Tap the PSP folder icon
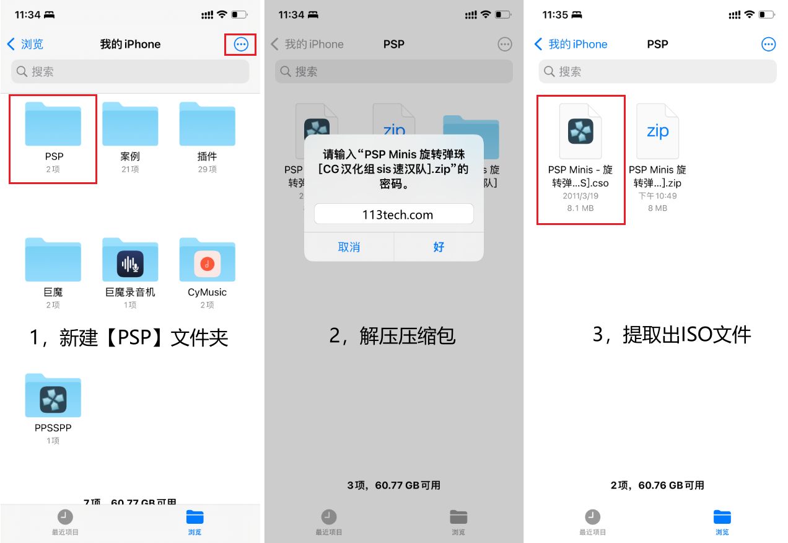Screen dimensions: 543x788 tap(53, 124)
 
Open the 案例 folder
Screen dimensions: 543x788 tap(130, 124)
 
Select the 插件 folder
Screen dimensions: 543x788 tap(207, 124)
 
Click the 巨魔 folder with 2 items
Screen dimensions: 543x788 tap(53, 260)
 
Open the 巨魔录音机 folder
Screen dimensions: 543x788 tap(130, 260)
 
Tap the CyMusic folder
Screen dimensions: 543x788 tap(207, 260)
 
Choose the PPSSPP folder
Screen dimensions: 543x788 tap(53, 397)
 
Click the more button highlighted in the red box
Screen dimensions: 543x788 tap(241, 44)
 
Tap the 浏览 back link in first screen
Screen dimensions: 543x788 tap(25, 44)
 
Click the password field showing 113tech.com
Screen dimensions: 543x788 tap(393, 214)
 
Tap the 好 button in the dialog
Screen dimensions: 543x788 tap(439, 247)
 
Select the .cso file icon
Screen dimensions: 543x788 tap(580, 131)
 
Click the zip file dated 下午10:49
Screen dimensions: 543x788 tap(657, 131)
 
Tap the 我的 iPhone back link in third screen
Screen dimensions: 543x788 tap(571, 44)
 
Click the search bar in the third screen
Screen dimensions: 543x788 tap(657, 72)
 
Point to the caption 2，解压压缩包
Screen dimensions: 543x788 tap(392, 335)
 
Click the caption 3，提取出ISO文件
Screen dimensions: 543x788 tap(672, 335)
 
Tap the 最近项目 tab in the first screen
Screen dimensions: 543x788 tap(65, 522)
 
